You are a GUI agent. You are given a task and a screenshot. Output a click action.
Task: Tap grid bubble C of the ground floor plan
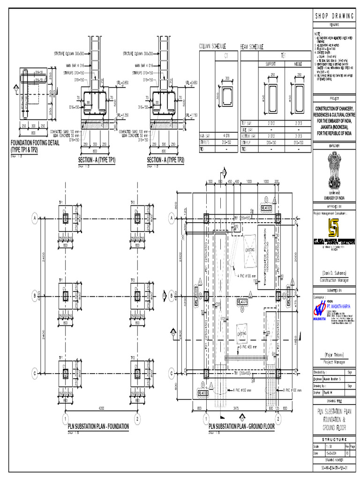click(x=172, y=373)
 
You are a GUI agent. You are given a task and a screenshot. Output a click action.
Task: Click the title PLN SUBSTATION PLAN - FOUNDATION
click(x=98, y=427)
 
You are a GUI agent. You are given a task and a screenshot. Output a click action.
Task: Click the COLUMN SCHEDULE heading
click(x=213, y=47)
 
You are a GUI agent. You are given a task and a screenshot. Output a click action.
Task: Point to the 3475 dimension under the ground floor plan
click(x=241, y=408)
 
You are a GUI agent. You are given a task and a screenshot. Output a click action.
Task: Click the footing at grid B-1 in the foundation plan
click(x=66, y=296)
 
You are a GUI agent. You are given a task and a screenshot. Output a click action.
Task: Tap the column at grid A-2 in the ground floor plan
click(x=278, y=218)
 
